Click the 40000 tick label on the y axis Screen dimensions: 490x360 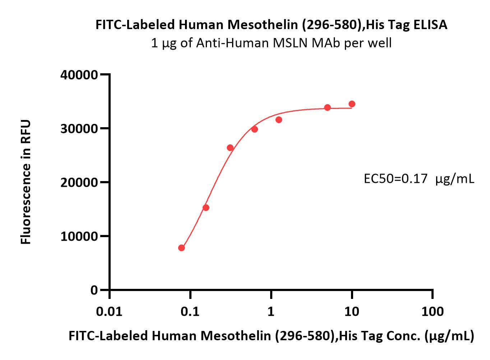(x=79, y=75)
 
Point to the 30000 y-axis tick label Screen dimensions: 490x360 (x=79, y=129)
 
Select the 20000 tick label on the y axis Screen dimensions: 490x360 (x=79, y=183)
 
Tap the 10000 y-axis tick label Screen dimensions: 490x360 (x=79, y=236)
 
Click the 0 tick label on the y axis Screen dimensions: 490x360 (x=94, y=290)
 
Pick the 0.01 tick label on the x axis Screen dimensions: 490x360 (x=109, y=311)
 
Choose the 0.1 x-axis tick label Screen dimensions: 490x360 (x=190, y=311)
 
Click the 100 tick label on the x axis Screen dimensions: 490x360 (x=433, y=311)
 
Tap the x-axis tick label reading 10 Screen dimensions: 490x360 (x=352, y=311)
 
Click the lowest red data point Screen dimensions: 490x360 (x=181, y=248)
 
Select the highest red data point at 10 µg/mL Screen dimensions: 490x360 (x=352, y=104)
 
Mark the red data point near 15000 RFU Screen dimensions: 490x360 (x=206, y=208)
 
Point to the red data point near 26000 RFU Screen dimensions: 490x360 (x=230, y=148)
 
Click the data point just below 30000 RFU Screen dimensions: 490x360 (x=254, y=129)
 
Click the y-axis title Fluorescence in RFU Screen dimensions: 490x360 (x=26, y=182)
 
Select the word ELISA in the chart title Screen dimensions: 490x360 (x=430, y=24)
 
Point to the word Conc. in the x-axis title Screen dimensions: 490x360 (x=403, y=336)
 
